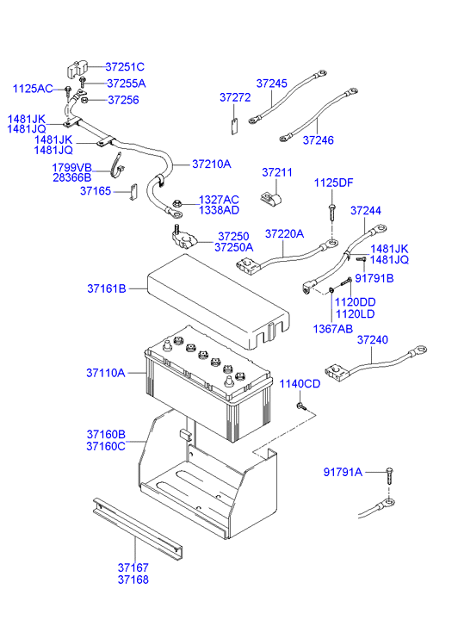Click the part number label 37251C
point(125,66)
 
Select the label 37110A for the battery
point(105,373)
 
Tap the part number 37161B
point(105,290)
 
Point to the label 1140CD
point(299,383)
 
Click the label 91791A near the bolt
point(343,472)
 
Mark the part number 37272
point(233,98)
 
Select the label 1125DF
point(333,183)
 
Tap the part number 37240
point(372,340)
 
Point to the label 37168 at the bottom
point(133,580)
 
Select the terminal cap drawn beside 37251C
point(78,69)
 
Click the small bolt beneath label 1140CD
point(300,405)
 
